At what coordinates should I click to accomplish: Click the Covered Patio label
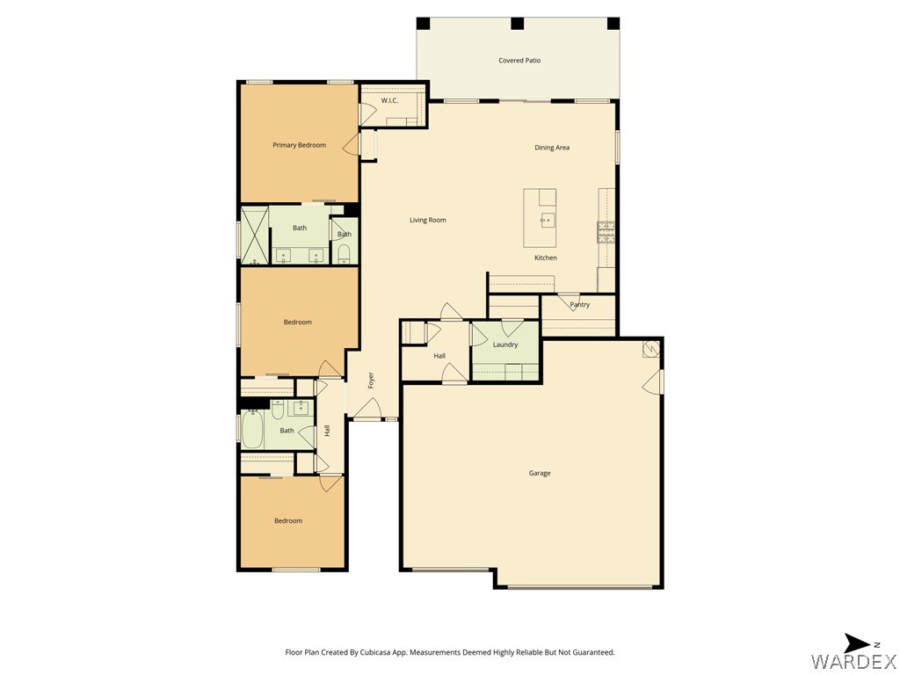point(519,61)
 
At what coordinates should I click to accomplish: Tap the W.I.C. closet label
point(389,101)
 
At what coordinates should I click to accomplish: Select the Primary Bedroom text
point(299,145)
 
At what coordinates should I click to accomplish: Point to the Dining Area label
point(552,148)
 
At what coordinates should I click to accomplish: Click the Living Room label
point(428,220)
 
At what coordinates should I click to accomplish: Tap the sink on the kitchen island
point(547,220)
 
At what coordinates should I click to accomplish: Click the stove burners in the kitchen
point(606,232)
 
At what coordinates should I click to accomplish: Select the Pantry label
point(580,305)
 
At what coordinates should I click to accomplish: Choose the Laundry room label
point(505,345)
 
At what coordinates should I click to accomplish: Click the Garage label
point(540,473)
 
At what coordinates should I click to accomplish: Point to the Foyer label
point(371,380)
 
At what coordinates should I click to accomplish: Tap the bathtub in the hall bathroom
point(252,429)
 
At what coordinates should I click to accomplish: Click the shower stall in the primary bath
point(254,236)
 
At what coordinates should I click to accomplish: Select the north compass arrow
point(858,643)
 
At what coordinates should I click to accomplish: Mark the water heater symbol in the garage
point(651,348)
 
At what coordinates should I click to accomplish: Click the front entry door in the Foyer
point(367,409)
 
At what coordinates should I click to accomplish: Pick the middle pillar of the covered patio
point(517,24)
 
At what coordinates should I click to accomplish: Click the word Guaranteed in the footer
point(595,653)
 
